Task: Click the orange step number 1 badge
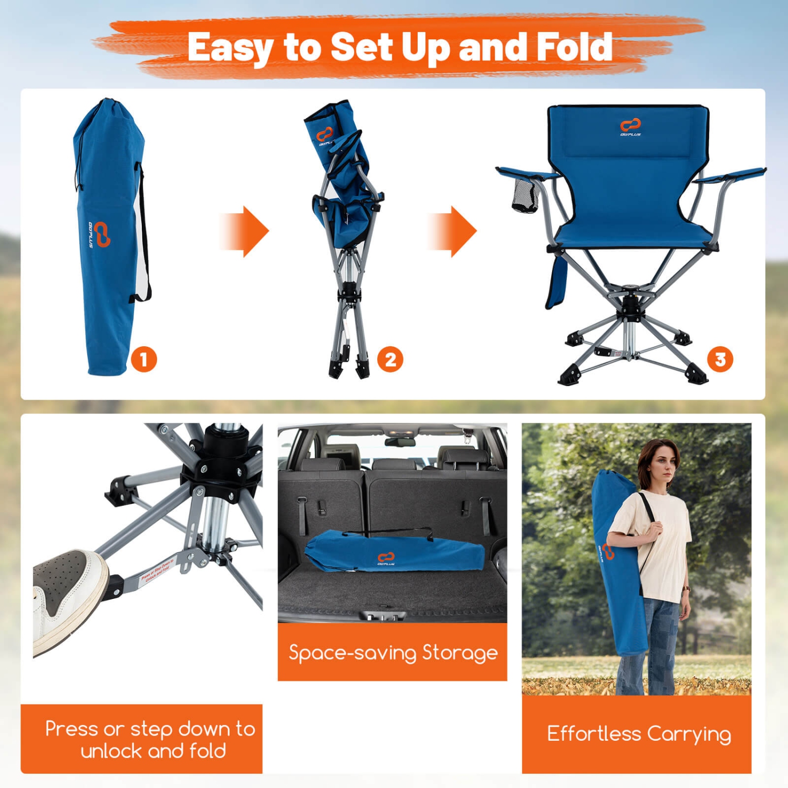coord(144,360)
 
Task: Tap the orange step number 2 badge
coord(390,360)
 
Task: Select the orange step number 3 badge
coord(720,360)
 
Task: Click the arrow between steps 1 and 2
coord(245,231)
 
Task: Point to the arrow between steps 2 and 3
coord(453,231)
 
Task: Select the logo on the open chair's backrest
coord(630,127)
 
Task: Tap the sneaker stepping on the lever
coord(68,594)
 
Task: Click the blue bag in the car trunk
coord(394,552)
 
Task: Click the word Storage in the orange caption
coord(460,652)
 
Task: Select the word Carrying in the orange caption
coord(689,734)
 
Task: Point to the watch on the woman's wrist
coord(686,589)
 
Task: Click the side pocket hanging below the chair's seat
coord(557,281)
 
